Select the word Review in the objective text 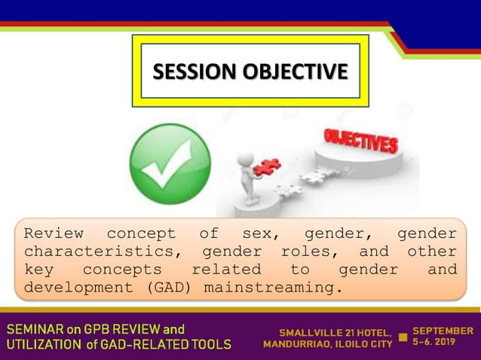[54, 233]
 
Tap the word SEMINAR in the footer [37, 329]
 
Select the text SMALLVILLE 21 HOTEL [335, 332]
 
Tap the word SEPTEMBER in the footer [444, 331]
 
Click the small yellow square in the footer [403, 337]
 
